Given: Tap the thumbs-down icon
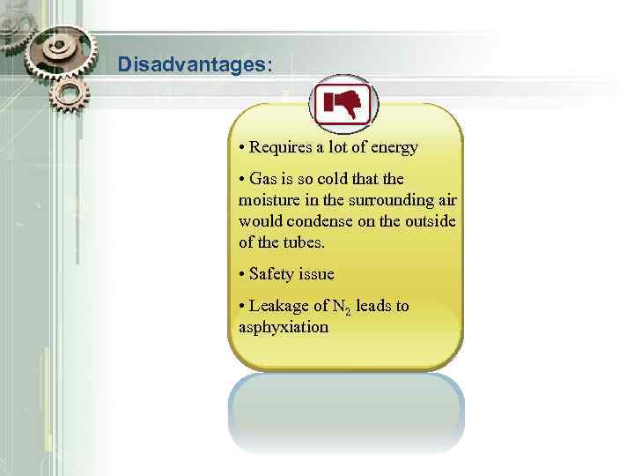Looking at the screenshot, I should tap(343, 105).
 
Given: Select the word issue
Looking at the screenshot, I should tap(316, 274).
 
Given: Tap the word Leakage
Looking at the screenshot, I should tap(278, 306).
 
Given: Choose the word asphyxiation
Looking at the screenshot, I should tap(283, 327).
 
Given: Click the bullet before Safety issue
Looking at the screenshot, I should tap(241, 274).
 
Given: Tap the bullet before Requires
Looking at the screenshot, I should tap(241, 147).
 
